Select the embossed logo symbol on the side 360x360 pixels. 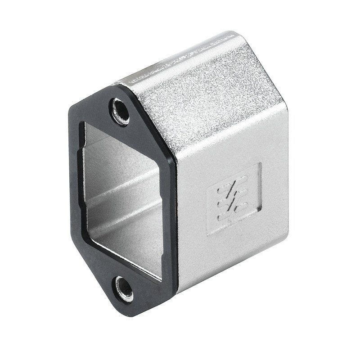tap(230, 202)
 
